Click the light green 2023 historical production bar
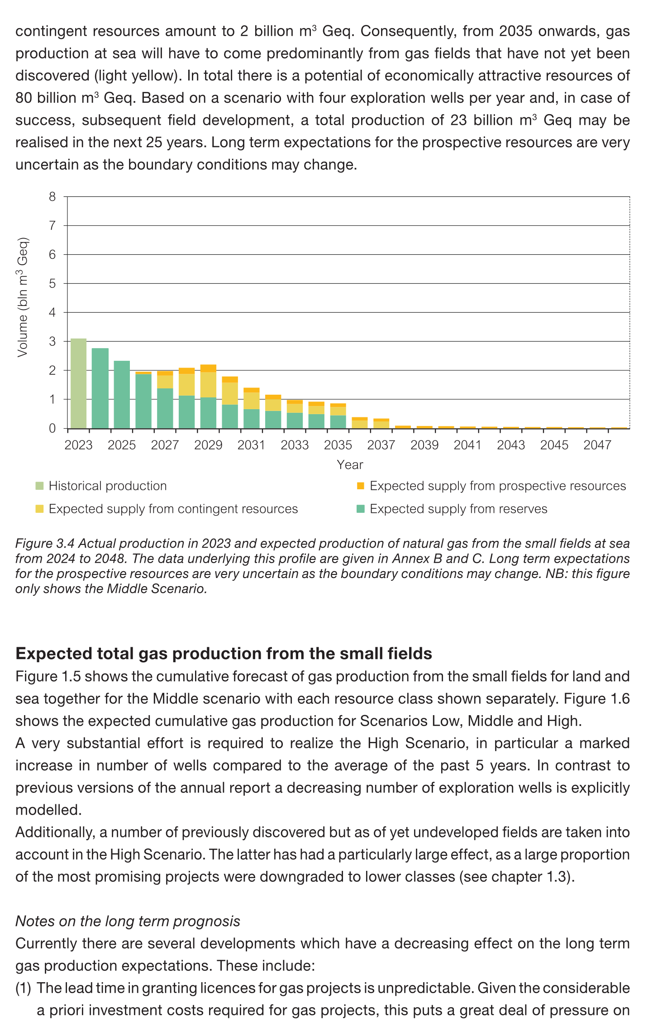78,383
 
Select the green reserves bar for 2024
100,388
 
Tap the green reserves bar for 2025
122,395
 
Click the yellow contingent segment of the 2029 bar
208,385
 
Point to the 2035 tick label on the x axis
338,445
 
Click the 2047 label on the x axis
597,445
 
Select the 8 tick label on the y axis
52,197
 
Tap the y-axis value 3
52,342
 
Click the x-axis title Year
350,465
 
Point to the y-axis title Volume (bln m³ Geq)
23,297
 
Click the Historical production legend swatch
40,486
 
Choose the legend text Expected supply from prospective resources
498,486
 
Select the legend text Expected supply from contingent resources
173,509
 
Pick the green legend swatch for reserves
361,509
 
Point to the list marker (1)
23,988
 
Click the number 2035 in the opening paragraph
515,31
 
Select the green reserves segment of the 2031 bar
252,419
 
